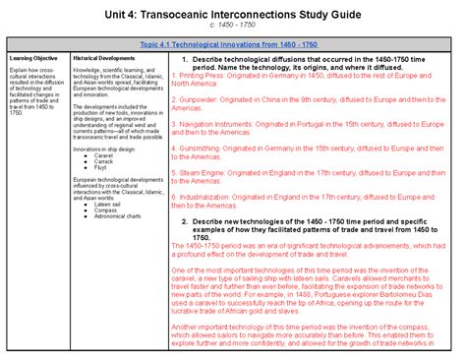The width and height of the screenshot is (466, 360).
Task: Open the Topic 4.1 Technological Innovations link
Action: [233, 45]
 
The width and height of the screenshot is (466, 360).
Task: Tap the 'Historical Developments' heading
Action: [104, 59]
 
